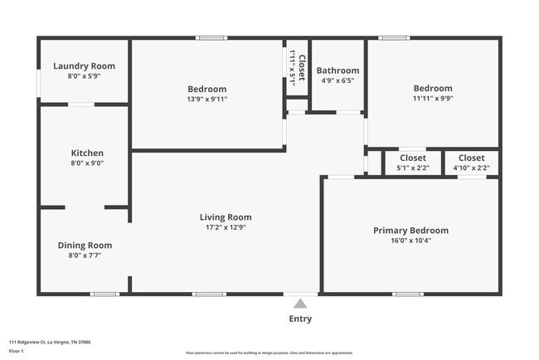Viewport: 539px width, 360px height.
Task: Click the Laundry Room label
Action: (84, 66)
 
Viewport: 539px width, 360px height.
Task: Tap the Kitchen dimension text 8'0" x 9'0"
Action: (87, 164)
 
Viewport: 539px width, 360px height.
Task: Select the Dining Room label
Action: (85, 246)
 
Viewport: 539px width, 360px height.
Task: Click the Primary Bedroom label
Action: (410, 231)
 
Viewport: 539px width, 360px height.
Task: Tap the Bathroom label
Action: (337, 71)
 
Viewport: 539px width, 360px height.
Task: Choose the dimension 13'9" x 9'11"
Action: (207, 99)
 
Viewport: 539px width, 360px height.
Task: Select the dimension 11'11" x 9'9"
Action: (433, 98)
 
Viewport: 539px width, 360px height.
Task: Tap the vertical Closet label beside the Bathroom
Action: (301, 69)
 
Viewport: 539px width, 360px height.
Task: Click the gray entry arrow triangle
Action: (300, 304)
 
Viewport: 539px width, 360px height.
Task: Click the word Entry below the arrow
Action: (300, 319)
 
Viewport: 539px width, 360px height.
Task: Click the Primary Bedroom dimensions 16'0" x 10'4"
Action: (410, 241)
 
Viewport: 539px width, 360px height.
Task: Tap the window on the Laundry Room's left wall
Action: (39, 83)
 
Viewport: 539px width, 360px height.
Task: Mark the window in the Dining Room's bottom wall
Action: (104, 294)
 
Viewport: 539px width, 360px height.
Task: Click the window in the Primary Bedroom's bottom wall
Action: (407, 294)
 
